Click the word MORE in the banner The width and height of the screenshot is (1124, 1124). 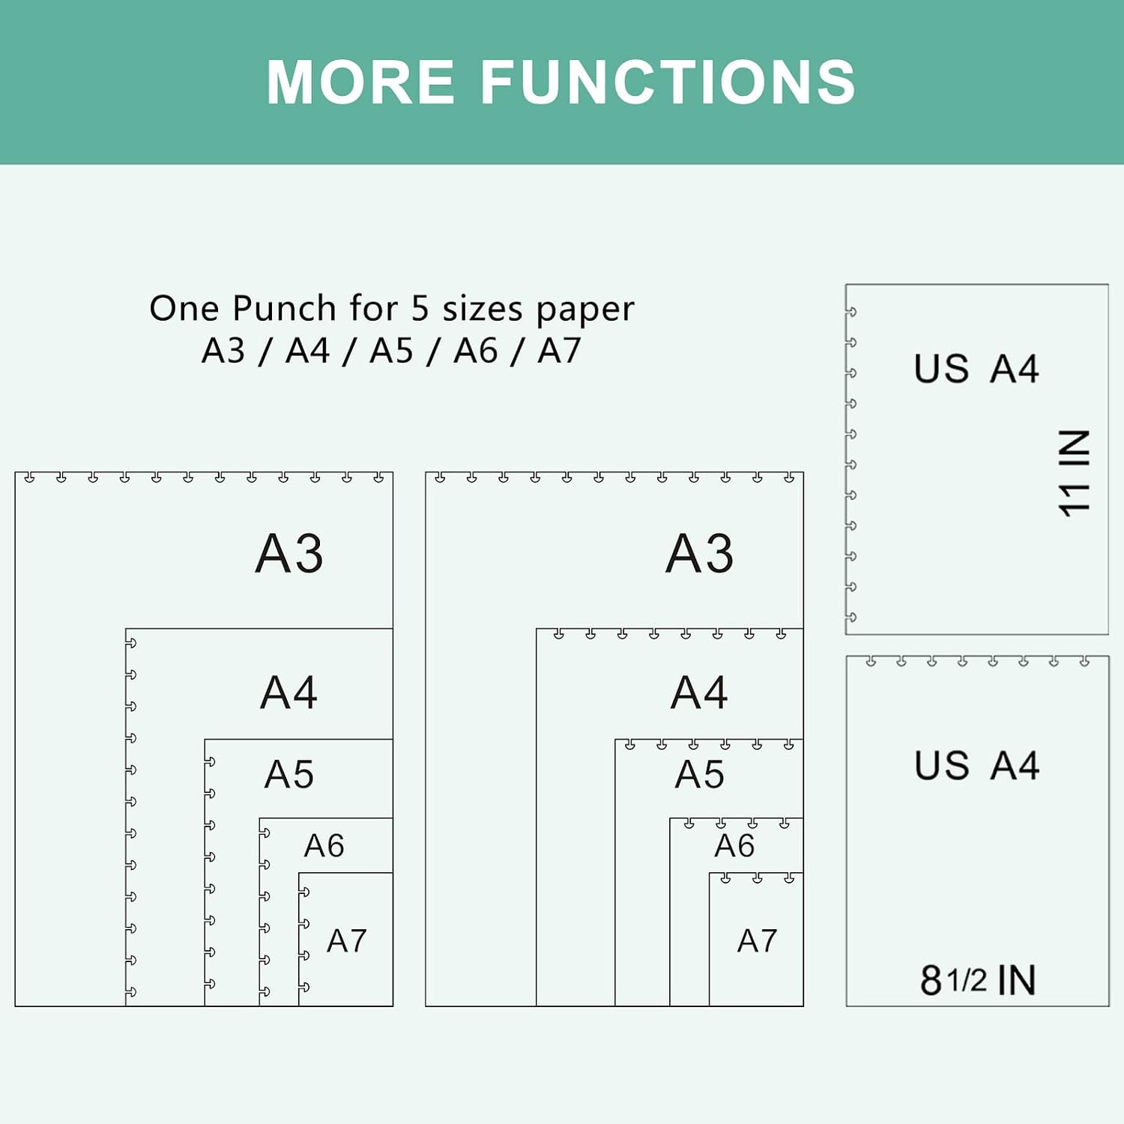click(360, 82)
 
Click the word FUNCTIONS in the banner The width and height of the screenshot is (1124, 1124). click(668, 82)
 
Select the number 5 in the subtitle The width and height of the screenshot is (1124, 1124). click(420, 308)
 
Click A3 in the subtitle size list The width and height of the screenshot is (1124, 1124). click(223, 350)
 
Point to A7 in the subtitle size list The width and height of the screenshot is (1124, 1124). click(559, 350)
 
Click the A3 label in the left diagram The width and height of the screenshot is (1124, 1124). click(289, 553)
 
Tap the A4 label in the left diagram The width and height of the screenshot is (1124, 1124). click(289, 692)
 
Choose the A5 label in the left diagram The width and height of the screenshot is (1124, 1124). click(289, 774)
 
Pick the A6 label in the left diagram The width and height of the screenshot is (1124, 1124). click(324, 845)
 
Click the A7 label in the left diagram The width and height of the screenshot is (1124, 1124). click(346, 940)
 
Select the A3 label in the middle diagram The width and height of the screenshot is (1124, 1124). click(700, 553)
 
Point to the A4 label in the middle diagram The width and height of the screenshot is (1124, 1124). click(700, 692)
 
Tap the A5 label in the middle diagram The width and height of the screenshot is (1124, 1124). click(700, 774)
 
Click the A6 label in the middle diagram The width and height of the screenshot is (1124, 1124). click(734, 845)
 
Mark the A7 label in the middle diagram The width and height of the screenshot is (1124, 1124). click(757, 940)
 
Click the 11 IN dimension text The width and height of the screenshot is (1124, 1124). click(1074, 473)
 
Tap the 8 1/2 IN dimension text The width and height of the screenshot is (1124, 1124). click(978, 979)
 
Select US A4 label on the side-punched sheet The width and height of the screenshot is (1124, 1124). click(976, 369)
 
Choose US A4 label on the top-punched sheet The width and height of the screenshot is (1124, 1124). click(976, 766)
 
